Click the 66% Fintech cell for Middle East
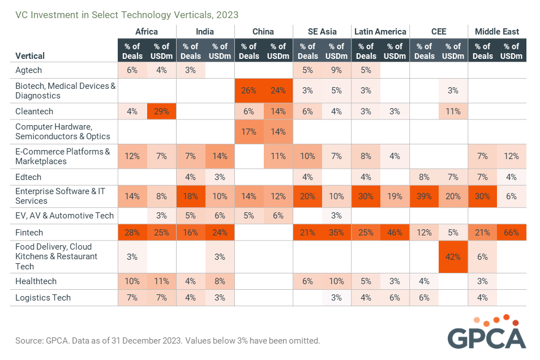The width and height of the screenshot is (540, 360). pos(512,233)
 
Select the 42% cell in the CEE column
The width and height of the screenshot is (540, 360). pos(453,256)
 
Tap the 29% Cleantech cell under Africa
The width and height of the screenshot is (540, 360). pos(161,112)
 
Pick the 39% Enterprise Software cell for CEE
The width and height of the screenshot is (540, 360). pos(425,196)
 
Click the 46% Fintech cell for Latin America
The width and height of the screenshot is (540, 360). pos(395,233)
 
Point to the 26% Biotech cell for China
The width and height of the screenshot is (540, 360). pos(249,91)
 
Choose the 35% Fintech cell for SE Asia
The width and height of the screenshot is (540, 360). pos(336,233)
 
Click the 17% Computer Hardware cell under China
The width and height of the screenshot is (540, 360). pos(249,131)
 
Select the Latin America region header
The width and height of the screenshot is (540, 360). pos(380,32)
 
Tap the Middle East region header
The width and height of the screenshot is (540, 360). pos(497,32)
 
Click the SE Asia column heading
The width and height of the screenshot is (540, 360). pos(322,32)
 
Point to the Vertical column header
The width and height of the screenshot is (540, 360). pos(30,56)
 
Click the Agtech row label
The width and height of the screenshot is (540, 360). pos(28,70)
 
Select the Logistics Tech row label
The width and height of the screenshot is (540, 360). pos(43,298)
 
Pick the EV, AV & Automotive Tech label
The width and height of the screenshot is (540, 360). pos(65,216)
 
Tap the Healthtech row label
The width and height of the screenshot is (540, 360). pos(36,281)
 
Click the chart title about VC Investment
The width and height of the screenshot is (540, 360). pos(127,15)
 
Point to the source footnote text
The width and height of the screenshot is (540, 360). pos(168,341)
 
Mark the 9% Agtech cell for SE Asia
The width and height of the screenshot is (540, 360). pos(336,70)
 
